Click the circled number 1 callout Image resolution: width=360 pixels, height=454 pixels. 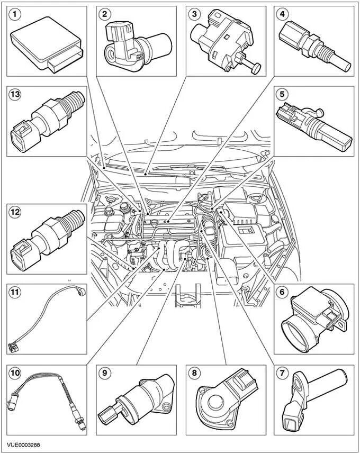(x=16, y=14)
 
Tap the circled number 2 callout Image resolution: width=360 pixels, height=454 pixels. (x=105, y=14)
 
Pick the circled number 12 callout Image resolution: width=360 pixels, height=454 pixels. (x=16, y=212)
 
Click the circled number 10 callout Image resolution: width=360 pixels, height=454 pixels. (x=16, y=373)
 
